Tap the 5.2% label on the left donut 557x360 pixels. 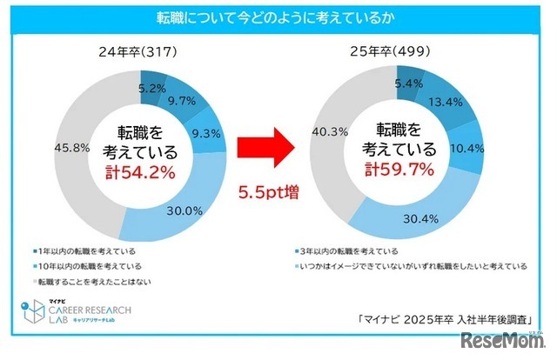tap(153, 87)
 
